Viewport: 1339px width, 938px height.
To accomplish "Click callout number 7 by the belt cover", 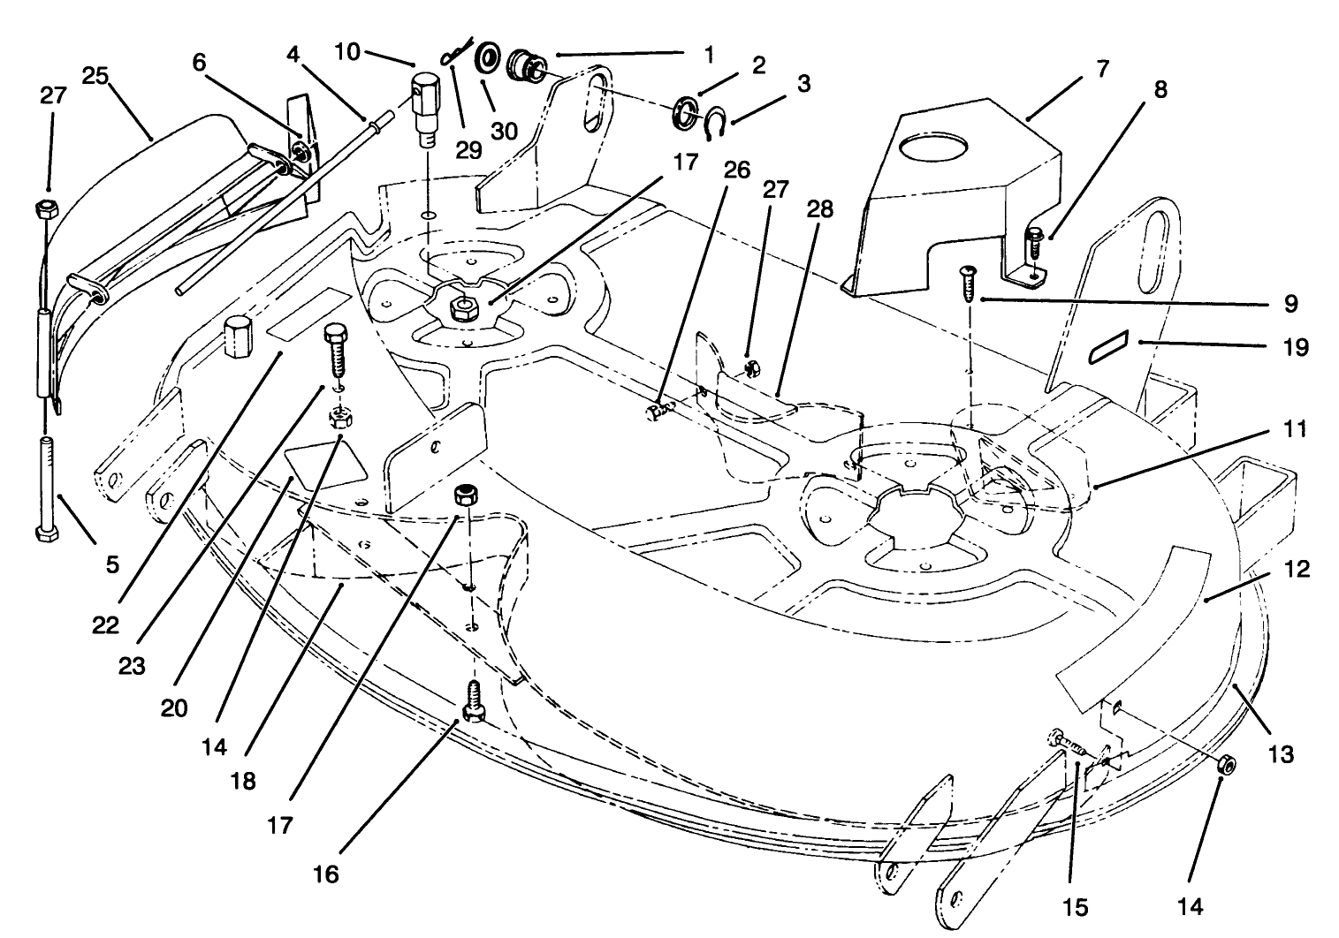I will tap(1102, 69).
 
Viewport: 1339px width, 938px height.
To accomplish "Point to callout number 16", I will tap(325, 874).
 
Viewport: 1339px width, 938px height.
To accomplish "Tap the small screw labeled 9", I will tap(969, 282).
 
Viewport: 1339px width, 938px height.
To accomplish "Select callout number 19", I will tap(1295, 347).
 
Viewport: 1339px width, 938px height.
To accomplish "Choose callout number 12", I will tap(1295, 571).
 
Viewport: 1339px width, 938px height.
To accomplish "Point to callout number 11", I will tap(1295, 433).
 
